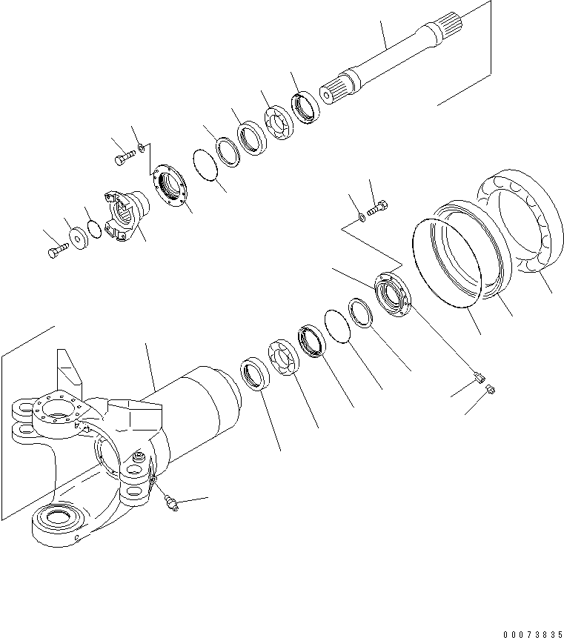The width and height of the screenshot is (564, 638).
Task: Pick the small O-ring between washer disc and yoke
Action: pos(94,230)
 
